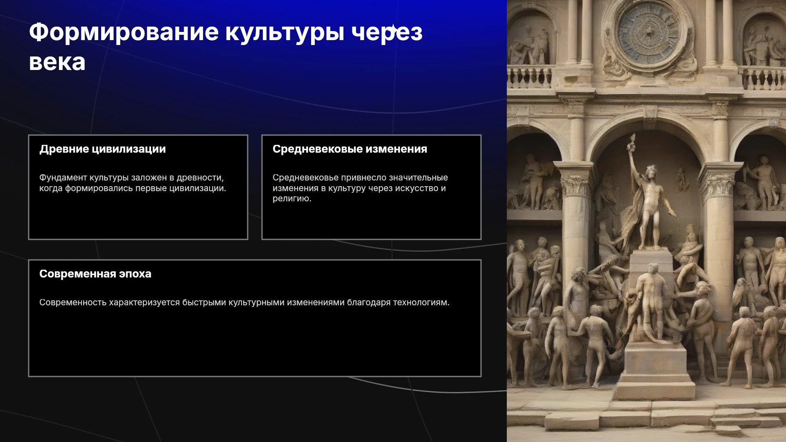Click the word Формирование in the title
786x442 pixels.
[x=124, y=33]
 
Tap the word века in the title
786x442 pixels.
[x=57, y=63]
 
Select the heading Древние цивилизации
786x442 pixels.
[x=103, y=149]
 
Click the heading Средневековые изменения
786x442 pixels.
[x=350, y=149]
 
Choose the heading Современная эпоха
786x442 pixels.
[x=95, y=274]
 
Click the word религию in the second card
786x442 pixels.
[x=292, y=199]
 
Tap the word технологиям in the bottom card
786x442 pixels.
[x=421, y=302]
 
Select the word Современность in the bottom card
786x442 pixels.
[x=73, y=302]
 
